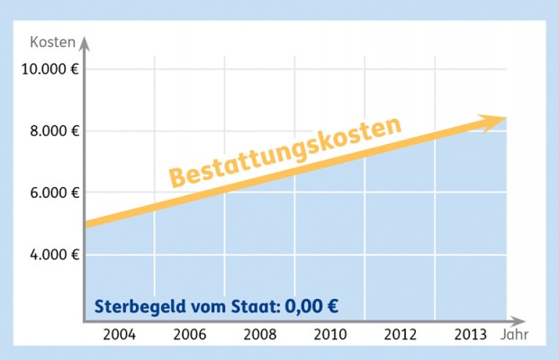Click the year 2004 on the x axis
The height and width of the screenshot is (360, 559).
tap(119, 335)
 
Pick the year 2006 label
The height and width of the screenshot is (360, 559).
tap(189, 335)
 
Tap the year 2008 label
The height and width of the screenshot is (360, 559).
tap(259, 335)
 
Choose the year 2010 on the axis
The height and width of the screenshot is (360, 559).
tap(329, 335)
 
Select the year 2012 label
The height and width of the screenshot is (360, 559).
tap(400, 335)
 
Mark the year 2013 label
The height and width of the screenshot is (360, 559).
tap(469, 335)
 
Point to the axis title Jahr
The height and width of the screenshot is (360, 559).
tap(509, 336)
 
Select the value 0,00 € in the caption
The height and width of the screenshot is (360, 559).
tap(311, 304)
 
